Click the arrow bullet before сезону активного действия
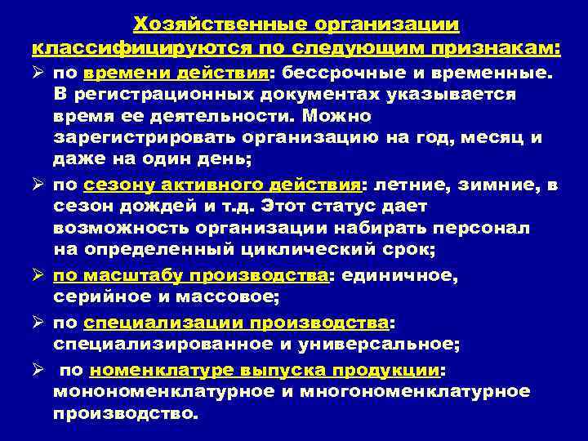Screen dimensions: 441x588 [38, 185]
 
